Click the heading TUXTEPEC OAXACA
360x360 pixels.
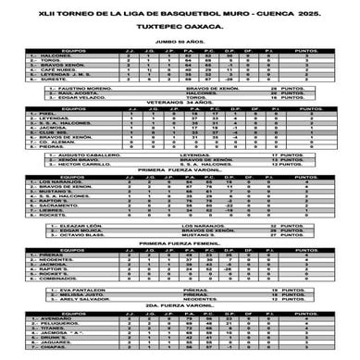180,29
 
